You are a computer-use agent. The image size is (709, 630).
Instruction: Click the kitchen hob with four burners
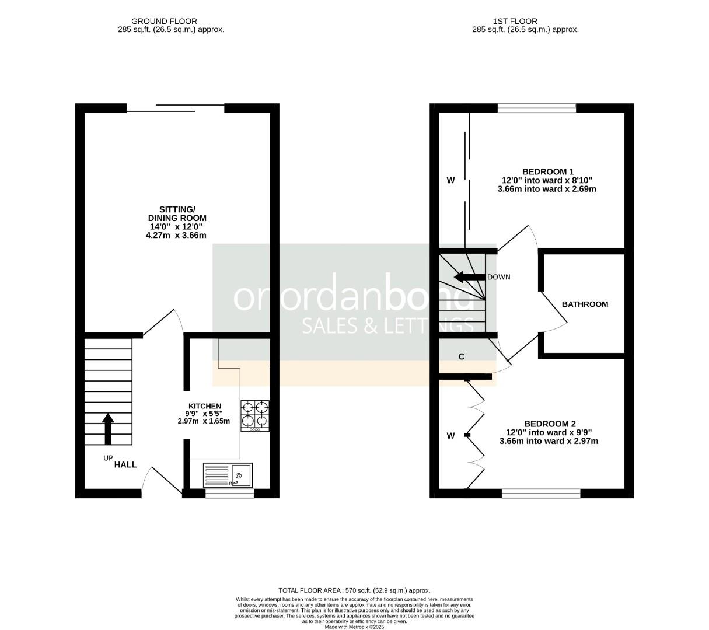[x=255, y=415]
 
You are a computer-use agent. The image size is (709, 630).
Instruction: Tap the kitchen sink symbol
[x=228, y=475]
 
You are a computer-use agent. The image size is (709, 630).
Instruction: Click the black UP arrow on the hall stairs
[x=108, y=429]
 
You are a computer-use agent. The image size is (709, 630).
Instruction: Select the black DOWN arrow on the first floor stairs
[x=470, y=277]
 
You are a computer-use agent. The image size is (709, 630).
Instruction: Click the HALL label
[x=125, y=464]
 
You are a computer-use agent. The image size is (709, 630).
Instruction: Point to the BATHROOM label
[x=585, y=304]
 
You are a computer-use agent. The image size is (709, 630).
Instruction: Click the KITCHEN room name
[x=204, y=406]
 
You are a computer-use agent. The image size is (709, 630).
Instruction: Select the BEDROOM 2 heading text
[x=550, y=423]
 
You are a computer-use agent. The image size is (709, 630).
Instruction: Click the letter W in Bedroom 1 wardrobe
[x=450, y=181]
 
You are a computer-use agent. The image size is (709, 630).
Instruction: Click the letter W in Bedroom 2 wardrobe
[x=450, y=435]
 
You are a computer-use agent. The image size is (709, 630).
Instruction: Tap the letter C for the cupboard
[x=462, y=356]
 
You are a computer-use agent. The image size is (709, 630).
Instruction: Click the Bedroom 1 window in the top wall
[x=536, y=108]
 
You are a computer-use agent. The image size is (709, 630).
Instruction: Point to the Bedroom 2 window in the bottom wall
[x=541, y=494]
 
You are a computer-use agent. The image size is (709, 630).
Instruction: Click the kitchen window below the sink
[x=229, y=494]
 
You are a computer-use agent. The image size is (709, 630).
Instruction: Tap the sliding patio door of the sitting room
[x=175, y=107]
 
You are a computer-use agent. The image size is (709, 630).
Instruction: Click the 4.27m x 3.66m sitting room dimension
[x=176, y=236]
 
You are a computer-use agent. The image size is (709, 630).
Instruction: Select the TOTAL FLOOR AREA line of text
[x=354, y=590]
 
